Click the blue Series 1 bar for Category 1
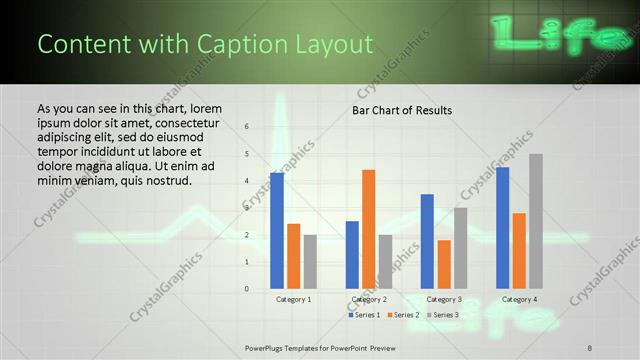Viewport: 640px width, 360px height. (x=277, y=231)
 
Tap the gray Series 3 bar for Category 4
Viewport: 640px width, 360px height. (x=536, y=221)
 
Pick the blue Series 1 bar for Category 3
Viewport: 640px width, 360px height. (x=427, y=241)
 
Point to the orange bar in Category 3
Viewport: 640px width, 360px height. (x=444, y=264)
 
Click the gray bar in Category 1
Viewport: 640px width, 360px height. (x=310, y=262)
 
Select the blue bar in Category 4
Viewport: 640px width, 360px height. (x=502, y=228)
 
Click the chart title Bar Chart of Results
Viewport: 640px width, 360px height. (x=401, y=110)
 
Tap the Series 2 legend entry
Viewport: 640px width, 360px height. (x=404, y=315)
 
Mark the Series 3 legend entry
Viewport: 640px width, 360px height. (x=444, y=315)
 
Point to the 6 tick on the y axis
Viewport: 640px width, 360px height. (x=247, y=127)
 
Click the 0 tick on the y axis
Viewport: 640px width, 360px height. (x=247, y=289)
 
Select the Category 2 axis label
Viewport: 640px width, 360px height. (x=369, y=299)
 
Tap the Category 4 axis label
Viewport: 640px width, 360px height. (x=519, y=299)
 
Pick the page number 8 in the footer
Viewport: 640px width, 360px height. (x=590, y=347)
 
